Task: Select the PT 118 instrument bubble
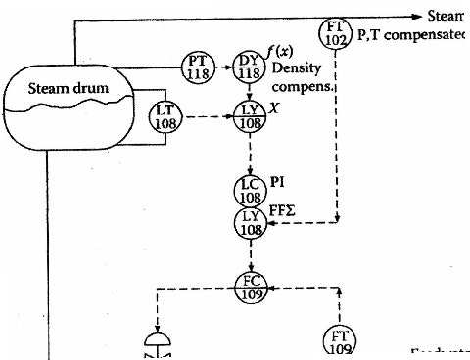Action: tap(198, 68)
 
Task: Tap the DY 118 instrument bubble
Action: tap(248, 67)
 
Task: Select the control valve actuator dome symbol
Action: tap(156, 339)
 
